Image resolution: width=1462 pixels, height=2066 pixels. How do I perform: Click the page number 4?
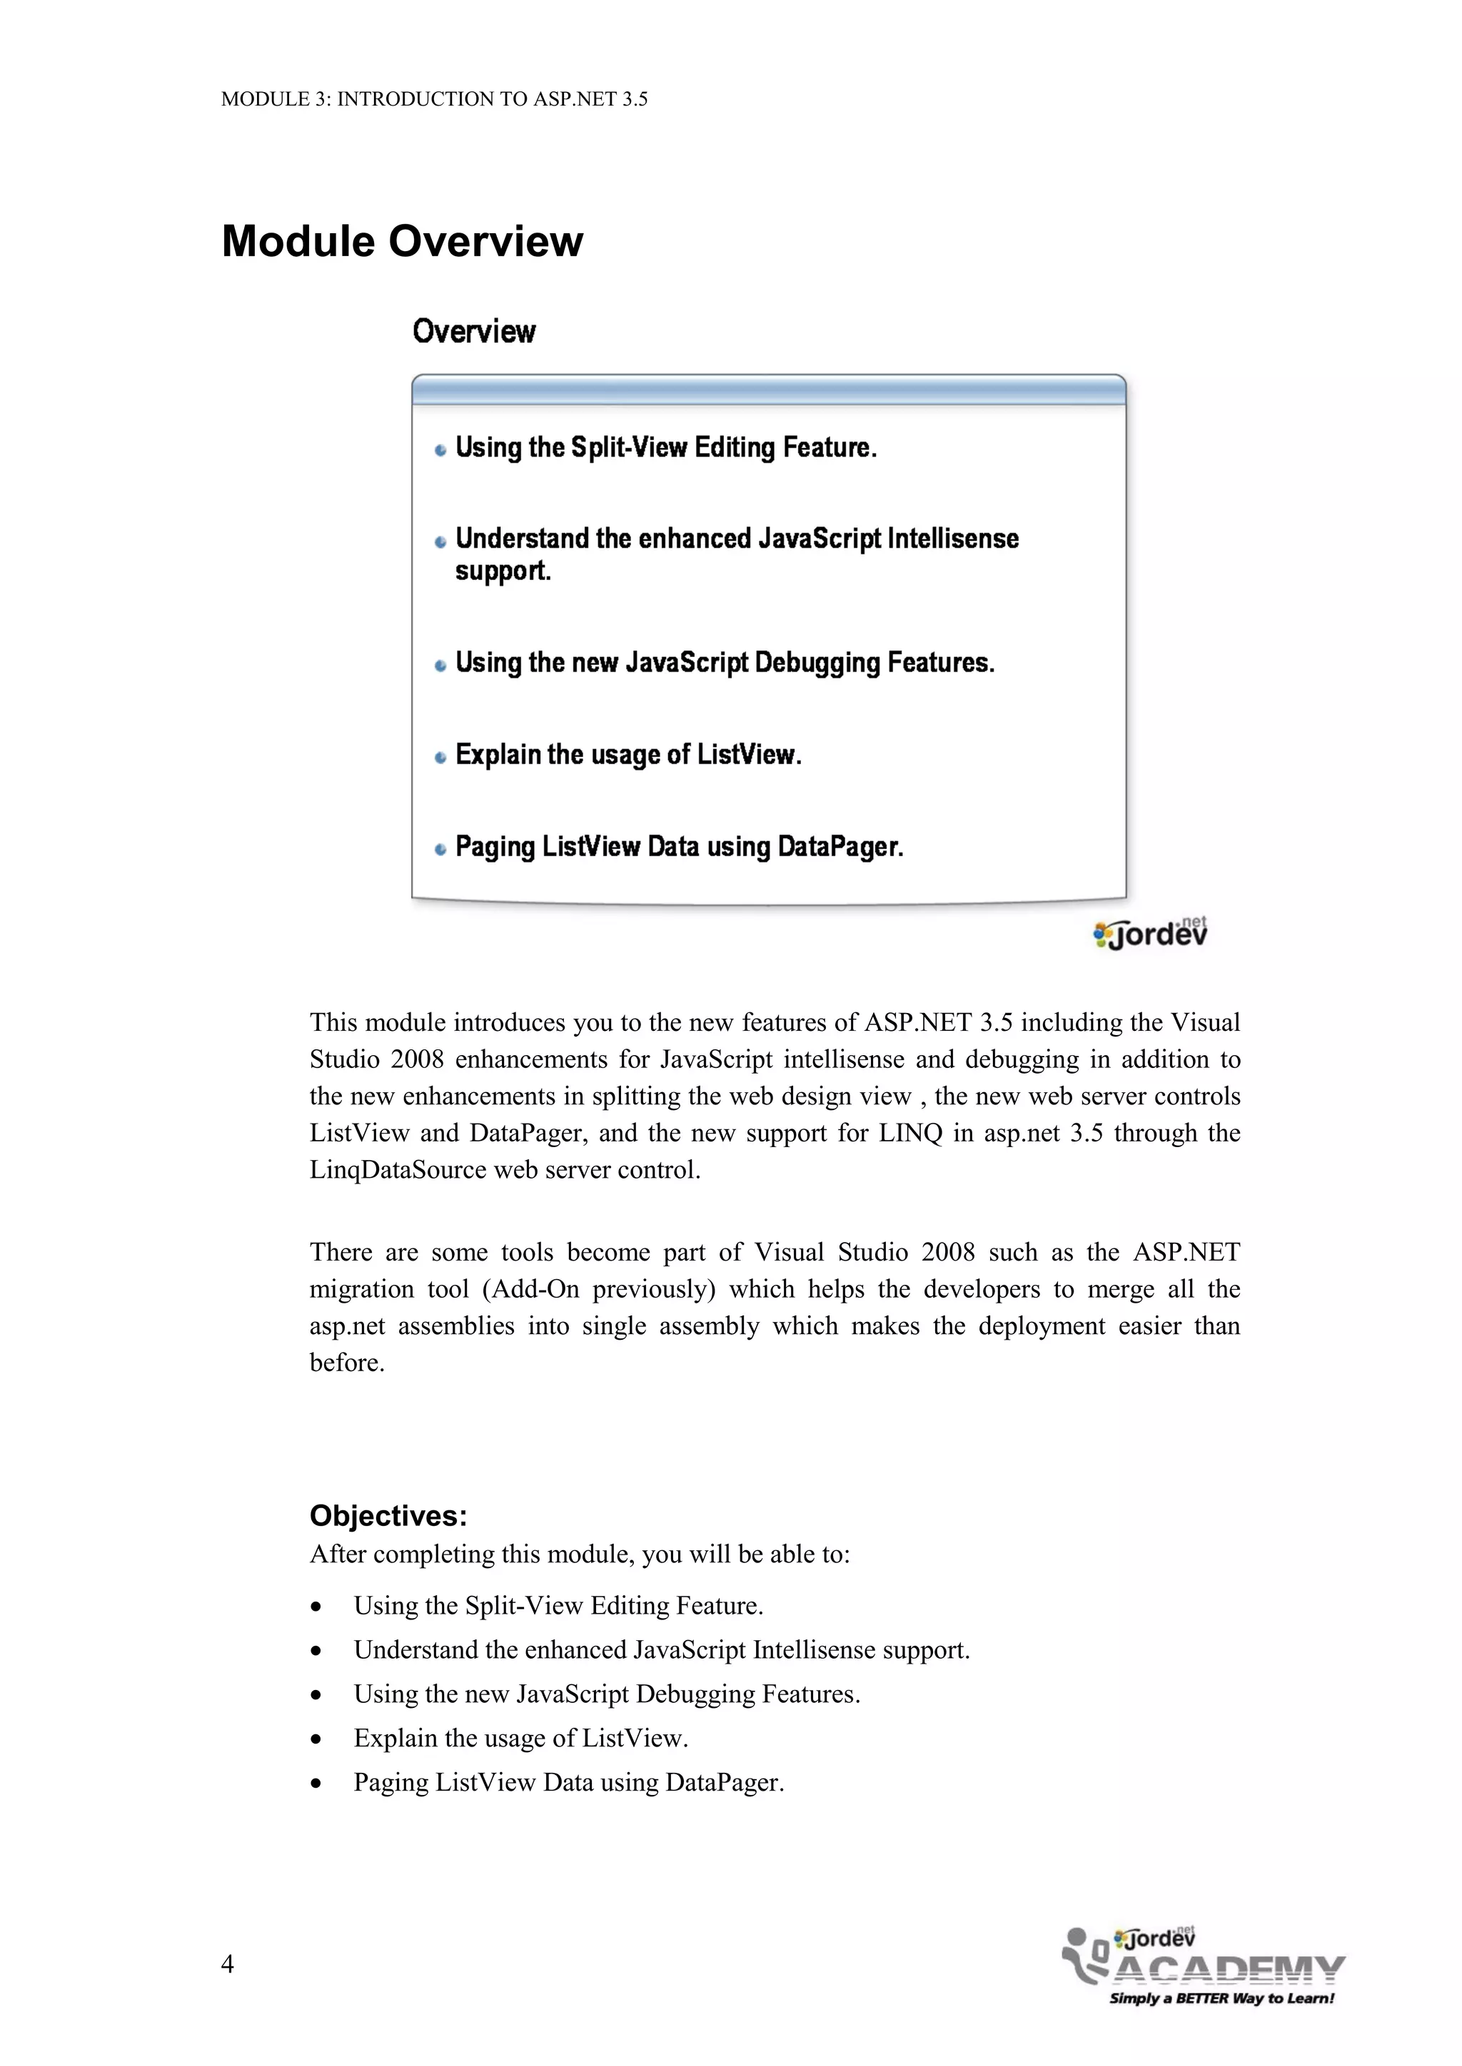coord(227,1963)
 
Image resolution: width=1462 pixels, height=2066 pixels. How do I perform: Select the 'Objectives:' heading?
coord(388,1515)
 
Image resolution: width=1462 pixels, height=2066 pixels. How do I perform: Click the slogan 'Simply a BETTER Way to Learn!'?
coord(1221,1998)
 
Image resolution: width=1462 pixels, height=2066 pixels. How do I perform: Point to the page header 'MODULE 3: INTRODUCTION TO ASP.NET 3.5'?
coord(434,99)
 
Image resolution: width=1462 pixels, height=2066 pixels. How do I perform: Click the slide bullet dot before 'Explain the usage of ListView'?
coord(440,758)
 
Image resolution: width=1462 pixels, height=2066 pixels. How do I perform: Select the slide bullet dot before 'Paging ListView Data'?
coord(440,850)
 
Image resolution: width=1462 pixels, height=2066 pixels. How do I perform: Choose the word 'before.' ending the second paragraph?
coord(347,1363)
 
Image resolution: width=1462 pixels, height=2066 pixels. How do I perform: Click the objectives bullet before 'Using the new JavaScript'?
coord(316,1695)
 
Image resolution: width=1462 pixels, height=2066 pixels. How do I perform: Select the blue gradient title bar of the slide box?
coord(768,390)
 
